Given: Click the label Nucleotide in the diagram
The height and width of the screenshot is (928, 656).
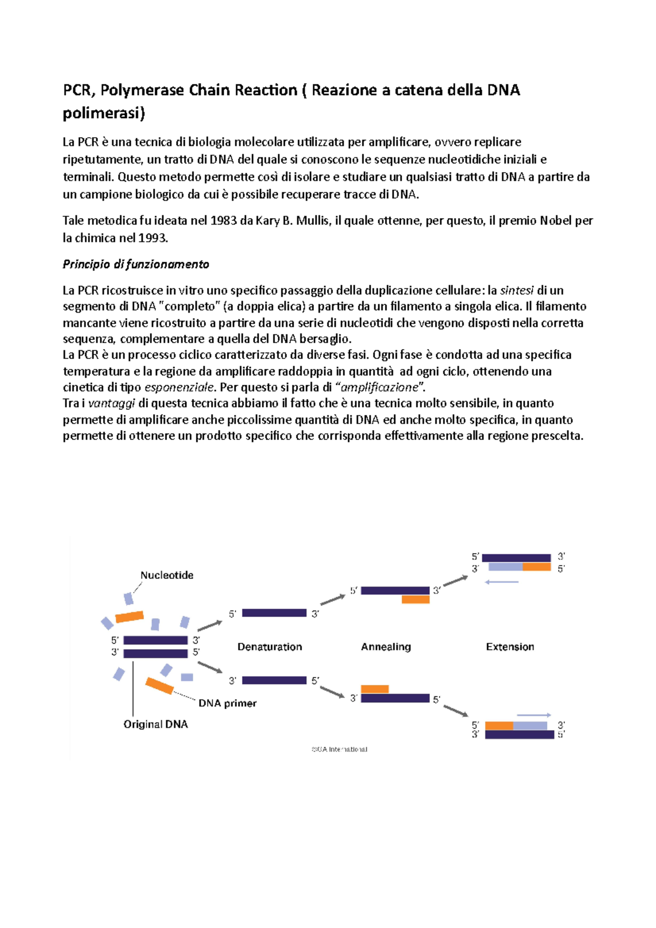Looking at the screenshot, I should pos(167,575).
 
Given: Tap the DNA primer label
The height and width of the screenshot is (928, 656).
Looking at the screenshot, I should pos(227,703).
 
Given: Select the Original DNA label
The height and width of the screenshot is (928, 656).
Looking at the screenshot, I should pos(155,724).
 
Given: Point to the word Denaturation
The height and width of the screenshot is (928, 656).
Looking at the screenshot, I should pos(270,647).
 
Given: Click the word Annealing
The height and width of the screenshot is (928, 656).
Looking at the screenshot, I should pos(385,647).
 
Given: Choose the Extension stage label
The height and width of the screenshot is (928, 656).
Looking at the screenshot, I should pos(509,647).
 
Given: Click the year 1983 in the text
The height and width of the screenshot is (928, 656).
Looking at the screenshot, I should pos(224,221).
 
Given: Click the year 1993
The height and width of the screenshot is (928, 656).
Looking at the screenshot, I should pos(153,238).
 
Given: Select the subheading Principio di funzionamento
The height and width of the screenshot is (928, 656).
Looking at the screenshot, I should pos(136,265).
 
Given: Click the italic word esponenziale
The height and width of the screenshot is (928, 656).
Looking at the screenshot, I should pos(179,387).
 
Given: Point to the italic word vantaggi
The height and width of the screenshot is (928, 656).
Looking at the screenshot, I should pos(112,403).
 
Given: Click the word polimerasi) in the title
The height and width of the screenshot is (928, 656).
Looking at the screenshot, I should pos(104,113).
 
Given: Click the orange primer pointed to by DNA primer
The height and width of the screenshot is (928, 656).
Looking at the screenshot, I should pos(159,685).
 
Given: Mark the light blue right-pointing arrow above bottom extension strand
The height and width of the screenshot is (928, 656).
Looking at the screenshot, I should pos(534,715).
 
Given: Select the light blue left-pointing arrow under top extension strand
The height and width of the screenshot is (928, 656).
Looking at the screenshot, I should pos(501,582).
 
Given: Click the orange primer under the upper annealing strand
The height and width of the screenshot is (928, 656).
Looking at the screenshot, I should pos(415,600).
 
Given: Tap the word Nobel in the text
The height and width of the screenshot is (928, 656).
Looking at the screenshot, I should pos(556,221).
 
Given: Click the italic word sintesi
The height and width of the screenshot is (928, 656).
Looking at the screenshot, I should pos(517,291).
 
